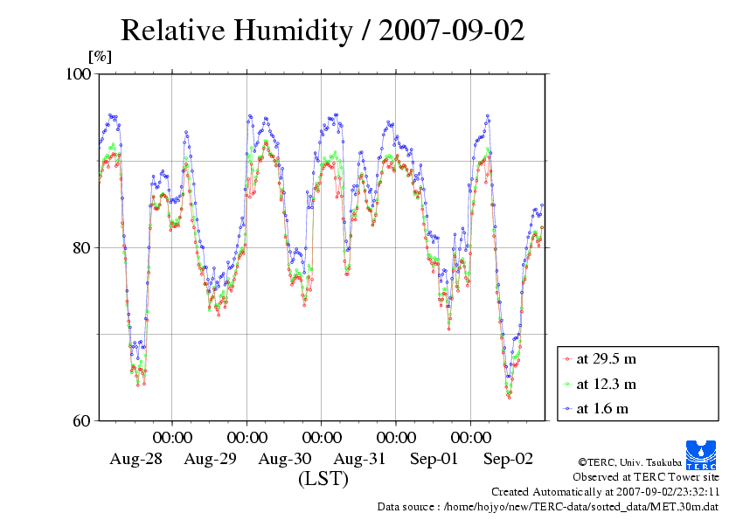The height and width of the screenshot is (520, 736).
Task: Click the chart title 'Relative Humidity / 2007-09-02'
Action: (323, 31)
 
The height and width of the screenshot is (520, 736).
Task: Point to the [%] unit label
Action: (101, 58)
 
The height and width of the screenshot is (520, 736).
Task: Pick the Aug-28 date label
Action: (135, 459)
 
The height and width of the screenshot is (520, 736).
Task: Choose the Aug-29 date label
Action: (211, 459)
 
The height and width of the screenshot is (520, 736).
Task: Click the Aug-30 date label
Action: (285, 459)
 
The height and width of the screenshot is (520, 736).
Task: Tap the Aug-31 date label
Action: (360, 459)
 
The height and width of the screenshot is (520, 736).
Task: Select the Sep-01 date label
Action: (434, 459)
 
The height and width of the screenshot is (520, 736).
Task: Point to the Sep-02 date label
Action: (509, 459)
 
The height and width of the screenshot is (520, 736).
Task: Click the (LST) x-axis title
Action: (323, 479)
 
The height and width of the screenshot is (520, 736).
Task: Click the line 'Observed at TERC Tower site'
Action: (645, 476)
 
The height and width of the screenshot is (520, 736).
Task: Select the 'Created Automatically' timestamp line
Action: (604, 491)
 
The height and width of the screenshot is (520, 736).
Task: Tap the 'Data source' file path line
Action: (547, 506)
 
